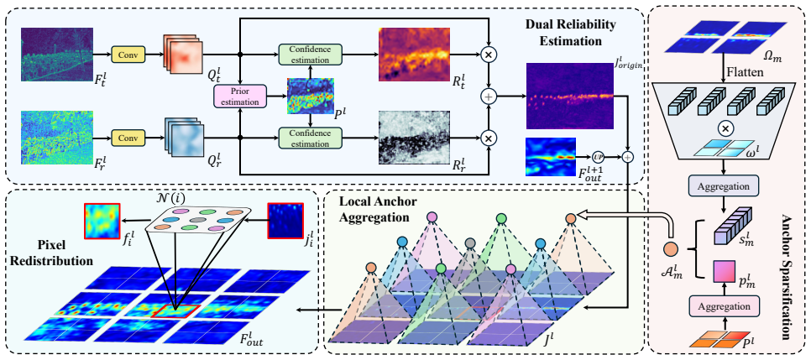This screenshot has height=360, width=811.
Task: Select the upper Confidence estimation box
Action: click(x=311, y=55)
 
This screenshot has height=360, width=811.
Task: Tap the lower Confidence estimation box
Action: click(x=311, y=138)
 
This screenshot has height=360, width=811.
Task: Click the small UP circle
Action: click(x=598, y=155)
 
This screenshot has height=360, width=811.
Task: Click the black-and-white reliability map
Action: click(x=415, y=138)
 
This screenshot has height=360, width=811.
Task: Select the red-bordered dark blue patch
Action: click(x=285, y=221)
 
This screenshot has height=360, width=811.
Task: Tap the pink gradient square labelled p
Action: click(x=723, y=272)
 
